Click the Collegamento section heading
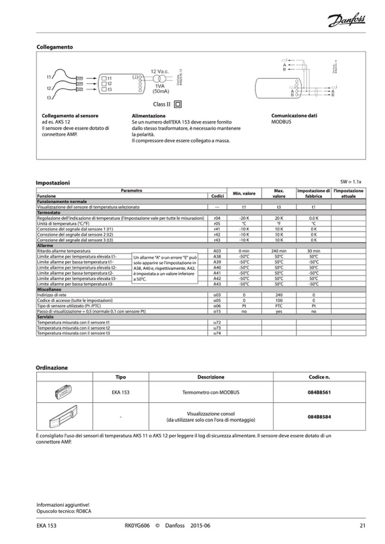click(x=55, y=47)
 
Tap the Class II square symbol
click(x=178, y=104)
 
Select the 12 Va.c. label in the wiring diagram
click(x=160, y=71)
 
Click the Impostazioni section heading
click(x=53, y=183)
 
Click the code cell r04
click(x=216, y=218)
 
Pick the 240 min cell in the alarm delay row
click(x=279, y=250)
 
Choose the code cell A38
click(x=216, y=256)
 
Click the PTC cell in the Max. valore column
click(x=279, y=305)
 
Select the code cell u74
click(x=216, y=333)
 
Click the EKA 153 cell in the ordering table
click(x=120, y=392)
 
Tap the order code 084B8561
click(x=319, y=392)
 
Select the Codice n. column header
click(x=319, y=377)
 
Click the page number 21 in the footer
click(x=362, y=525)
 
